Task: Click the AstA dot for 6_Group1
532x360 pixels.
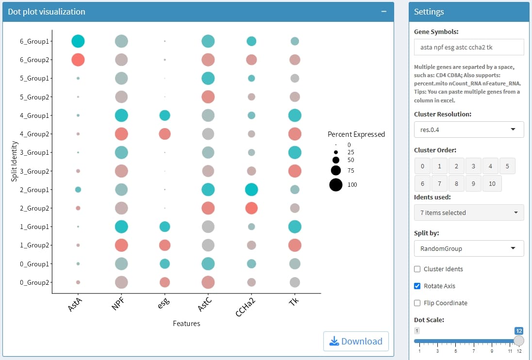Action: [x=78, y=41]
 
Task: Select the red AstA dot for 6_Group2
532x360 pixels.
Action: [x=78, y=60]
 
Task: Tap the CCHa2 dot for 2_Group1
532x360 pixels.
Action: [x=251, y=189]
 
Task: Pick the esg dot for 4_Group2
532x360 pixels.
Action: [x=165, y=134]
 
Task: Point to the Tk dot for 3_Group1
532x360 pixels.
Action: [x=295, y=152]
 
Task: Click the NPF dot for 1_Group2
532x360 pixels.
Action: [x=121, y=245]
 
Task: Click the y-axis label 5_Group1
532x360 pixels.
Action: [x=34, y=78]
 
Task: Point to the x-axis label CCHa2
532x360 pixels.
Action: [x=246, y=307]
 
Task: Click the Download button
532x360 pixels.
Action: [x=356, y=341]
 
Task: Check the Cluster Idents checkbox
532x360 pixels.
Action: [x=417, y=269]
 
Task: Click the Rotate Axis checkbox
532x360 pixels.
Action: [x=417, y=286]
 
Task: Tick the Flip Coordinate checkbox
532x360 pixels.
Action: [x=417, y=303]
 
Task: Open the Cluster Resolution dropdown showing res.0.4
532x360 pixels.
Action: [x=468, y=130]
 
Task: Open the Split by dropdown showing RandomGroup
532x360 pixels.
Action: [x=468, y=248]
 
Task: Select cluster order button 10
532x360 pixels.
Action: [x=492, y=183]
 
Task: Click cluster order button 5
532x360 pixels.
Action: [x=507, y=166]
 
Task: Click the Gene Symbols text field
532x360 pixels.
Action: [x=468, y=47]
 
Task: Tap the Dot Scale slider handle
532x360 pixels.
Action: [x=519, y=341]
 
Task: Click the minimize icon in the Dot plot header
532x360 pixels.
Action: [x=383, y=12]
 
